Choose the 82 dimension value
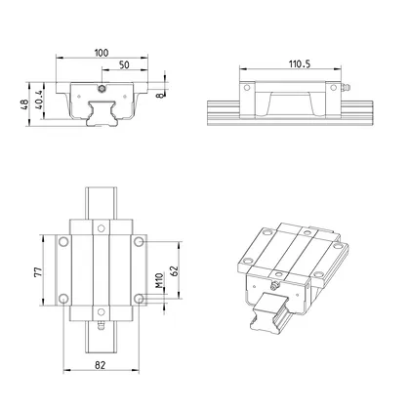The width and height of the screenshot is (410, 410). click(102, 364)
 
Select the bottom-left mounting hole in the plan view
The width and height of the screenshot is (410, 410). click(64, 299)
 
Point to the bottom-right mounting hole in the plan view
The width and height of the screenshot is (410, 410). click(141, 299)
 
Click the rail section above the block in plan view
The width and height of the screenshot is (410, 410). click(102, 200)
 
